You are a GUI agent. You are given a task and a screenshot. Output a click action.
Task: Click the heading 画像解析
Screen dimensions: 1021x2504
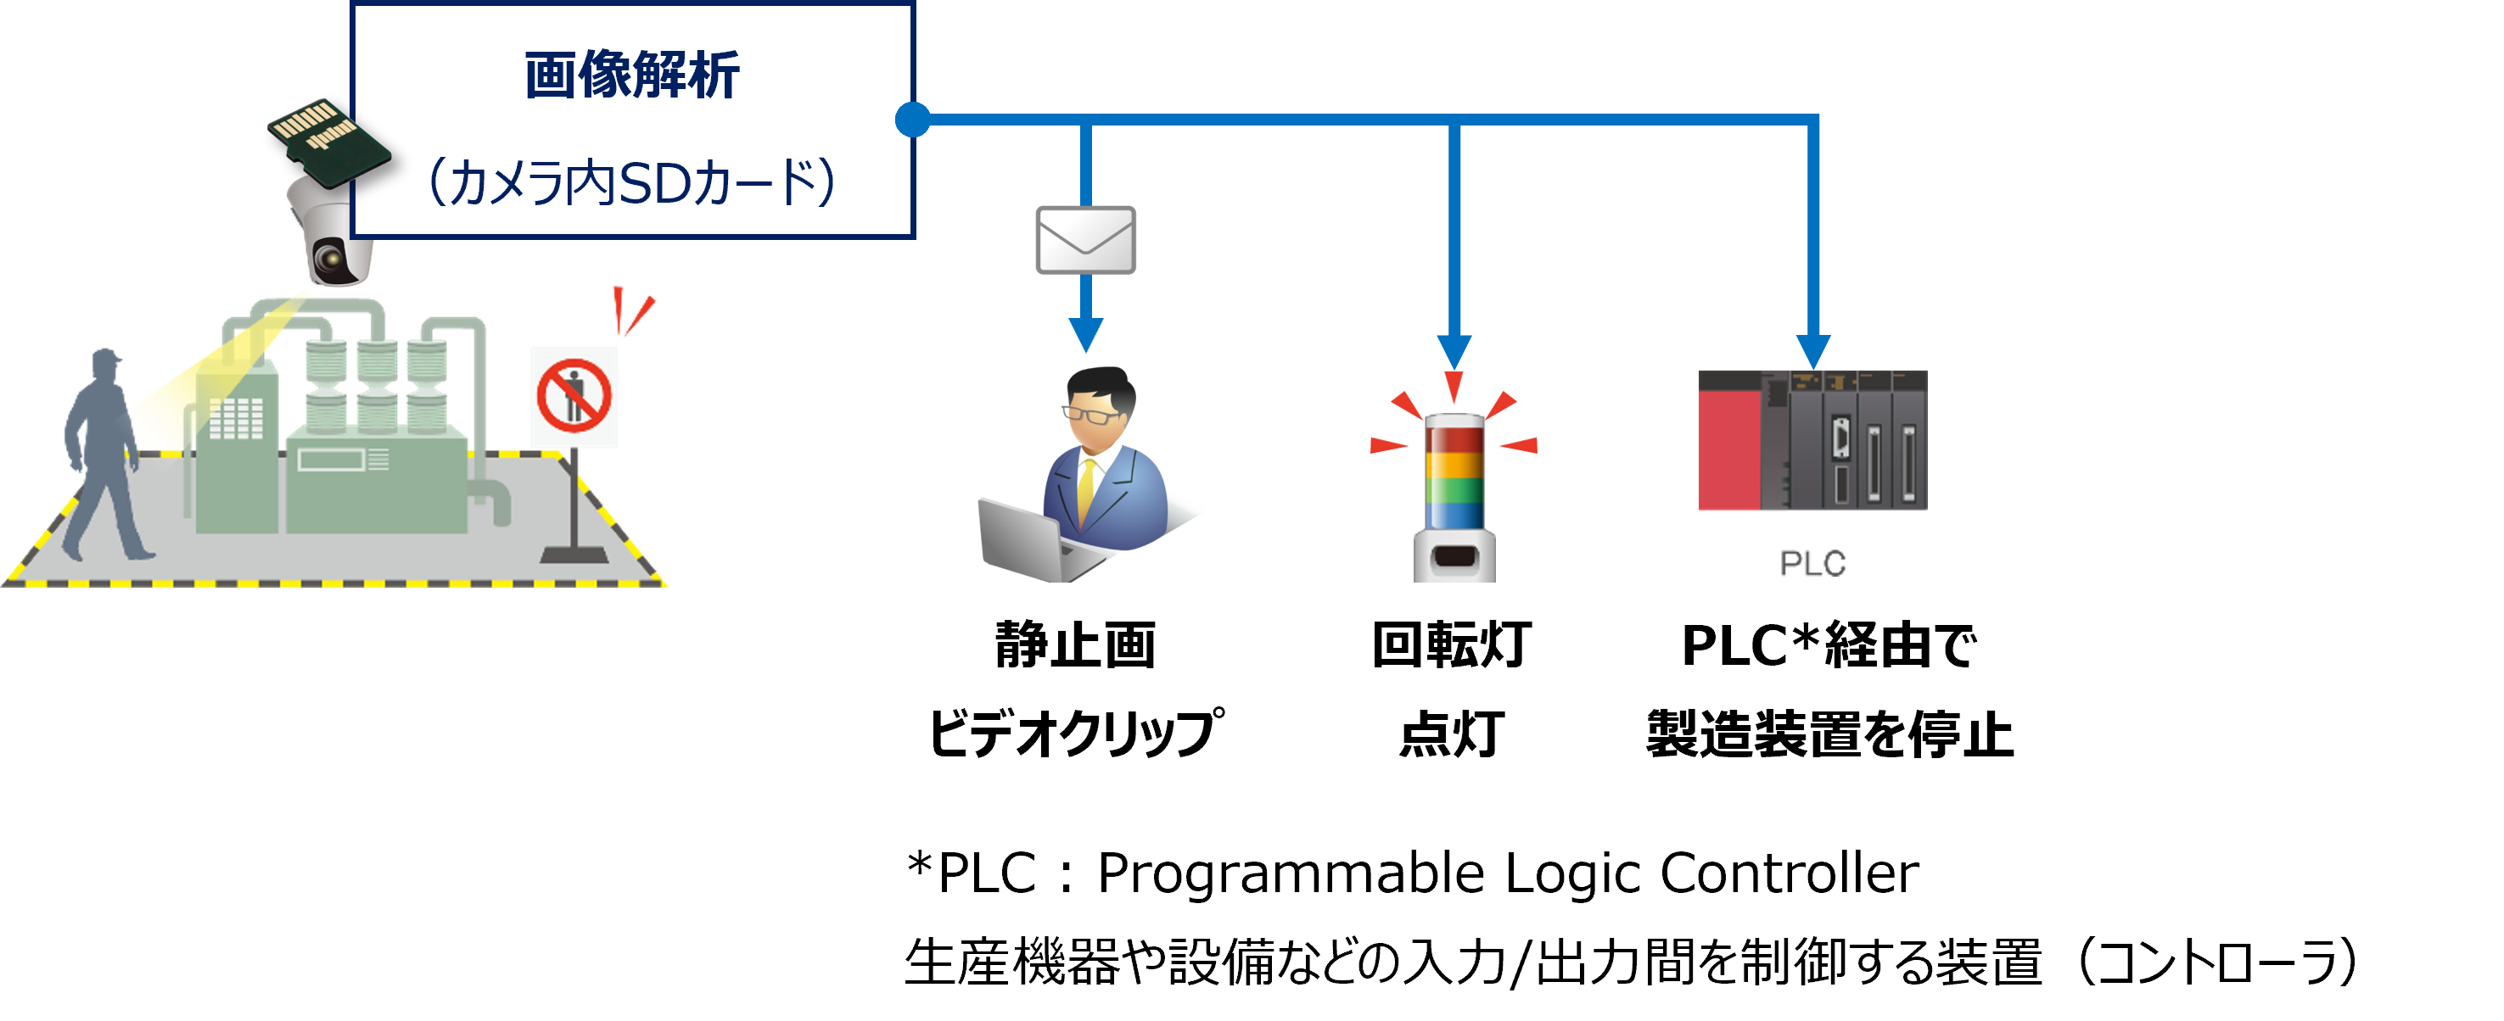(632, 75)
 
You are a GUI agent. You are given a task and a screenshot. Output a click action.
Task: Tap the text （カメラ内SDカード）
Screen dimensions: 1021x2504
(632, 182)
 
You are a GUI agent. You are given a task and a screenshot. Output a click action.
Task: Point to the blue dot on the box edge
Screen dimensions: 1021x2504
(912, 120)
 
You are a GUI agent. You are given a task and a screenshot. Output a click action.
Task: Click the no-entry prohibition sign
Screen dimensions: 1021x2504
(574, 396)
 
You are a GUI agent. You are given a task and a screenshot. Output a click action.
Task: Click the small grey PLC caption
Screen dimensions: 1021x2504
(1812, 562)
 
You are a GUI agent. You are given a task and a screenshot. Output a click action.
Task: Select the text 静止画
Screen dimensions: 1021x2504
(1075, 645)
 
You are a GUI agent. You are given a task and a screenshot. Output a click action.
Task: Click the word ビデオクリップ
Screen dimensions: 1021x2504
(1075, 733)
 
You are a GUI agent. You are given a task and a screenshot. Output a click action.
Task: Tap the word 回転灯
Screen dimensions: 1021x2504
(1451, 645)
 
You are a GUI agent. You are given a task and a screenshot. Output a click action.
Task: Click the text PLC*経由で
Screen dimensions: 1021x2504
(1829, 645)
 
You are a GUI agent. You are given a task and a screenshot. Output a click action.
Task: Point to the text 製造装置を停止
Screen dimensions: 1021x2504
(1829, 734)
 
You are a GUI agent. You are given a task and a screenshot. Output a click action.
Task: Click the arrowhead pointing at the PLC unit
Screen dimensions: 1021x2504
(1812, 352)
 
